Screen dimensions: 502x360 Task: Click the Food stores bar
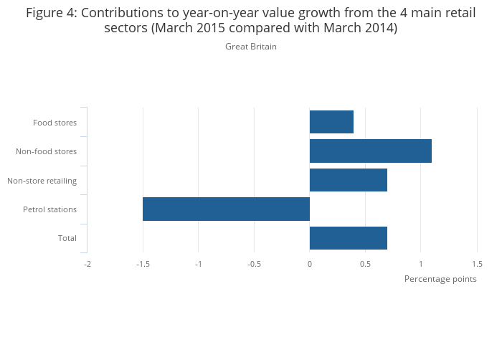(x=331, y=122)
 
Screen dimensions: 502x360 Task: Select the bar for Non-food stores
(x=371, y=151)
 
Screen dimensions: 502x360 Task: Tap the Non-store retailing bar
(x=349, y=180)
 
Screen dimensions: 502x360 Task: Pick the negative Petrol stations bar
(x=226, y=209)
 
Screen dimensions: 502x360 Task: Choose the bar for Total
(x=349, y=238)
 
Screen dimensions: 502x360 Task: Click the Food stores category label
(x=55, y=123)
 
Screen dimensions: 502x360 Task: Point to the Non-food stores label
(x=47, y=151)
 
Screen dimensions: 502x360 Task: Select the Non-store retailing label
(x=42, y=181)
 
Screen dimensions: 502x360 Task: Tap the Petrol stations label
(x=50, y=209)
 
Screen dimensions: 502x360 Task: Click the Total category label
(x=67, y=238)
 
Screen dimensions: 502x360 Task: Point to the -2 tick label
(x=87, y=264)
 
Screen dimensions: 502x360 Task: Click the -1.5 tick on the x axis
(x=143, y=264)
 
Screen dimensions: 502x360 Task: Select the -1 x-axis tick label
(x=199, y=264)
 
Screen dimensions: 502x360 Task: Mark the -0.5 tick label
(x=254, y=264)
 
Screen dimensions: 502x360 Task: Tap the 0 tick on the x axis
(x=310, y=264)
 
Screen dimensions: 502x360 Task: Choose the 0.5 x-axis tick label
(x=365, y=264)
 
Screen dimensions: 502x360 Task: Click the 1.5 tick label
(x=477, y=264)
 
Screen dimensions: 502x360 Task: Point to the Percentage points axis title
(x=440, y=279)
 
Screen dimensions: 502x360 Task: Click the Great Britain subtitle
(x=251, y=47)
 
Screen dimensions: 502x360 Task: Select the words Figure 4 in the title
(x=52, y=13)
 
